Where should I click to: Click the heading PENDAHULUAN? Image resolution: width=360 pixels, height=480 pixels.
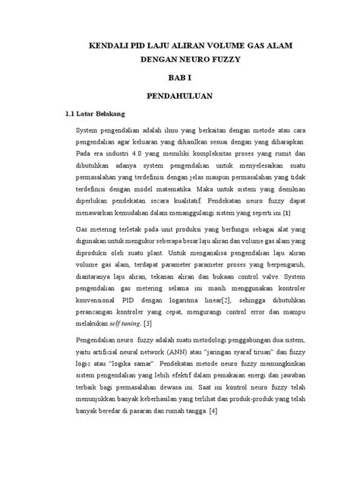pyautogui.click(x=180, y=96)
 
